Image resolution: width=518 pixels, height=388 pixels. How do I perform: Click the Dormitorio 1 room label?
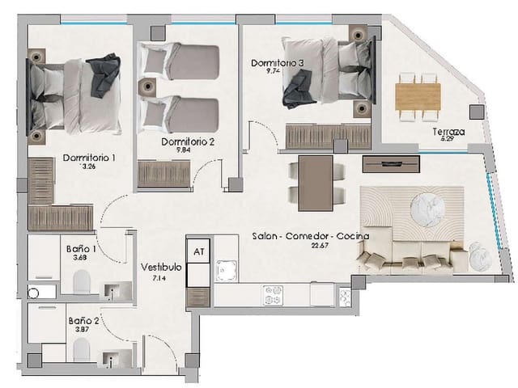tap(88, 158)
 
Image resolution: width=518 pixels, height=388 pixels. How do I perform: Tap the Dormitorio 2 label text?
tap(187, 142)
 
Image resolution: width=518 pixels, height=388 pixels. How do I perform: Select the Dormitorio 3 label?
tap(278, 62)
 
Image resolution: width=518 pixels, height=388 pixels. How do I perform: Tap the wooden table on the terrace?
tap(417, 96)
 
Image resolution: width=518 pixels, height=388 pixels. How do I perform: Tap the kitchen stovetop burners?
tap(271, 296)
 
